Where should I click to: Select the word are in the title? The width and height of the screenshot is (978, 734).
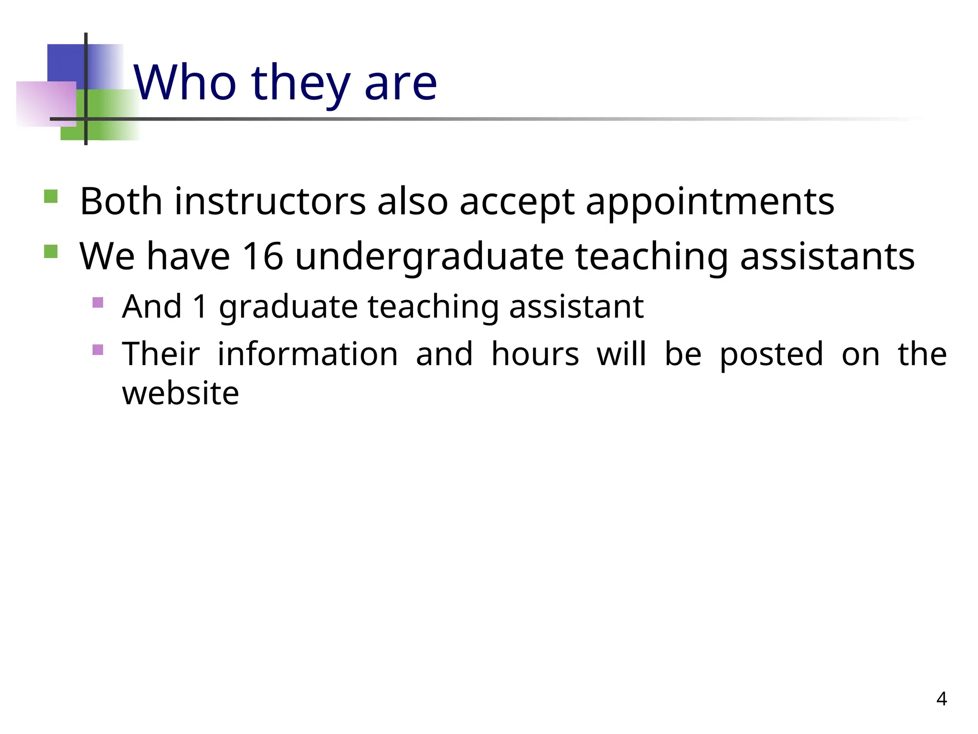point(400,85)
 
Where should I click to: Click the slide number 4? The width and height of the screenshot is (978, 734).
point(941,699)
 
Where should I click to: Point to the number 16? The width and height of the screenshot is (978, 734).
point(262,257)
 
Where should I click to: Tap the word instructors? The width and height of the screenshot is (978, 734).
point(270,201)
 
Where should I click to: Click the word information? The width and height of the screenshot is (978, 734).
point(308,354)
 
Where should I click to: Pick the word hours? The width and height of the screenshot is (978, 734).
point(535,354)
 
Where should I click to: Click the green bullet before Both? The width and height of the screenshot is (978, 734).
point(51,197)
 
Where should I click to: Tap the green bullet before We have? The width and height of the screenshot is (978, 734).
point(51,251)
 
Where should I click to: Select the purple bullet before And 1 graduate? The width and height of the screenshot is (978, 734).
point(97,302)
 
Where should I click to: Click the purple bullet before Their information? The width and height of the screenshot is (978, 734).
point(97,350)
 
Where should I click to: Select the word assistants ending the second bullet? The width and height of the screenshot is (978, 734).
point(827,257)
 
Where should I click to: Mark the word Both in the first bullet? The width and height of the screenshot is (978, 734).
point(121,201)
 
